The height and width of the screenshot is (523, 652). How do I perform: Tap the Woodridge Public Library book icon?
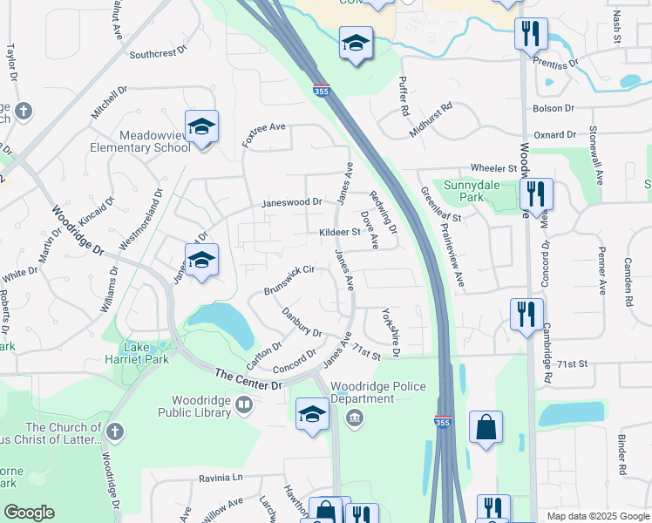245,404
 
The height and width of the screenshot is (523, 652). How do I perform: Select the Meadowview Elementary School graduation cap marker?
200,128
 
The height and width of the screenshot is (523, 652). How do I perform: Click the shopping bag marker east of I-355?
486,428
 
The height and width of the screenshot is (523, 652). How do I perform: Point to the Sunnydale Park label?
487,191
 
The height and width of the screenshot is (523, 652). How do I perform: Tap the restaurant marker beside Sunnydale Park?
536,193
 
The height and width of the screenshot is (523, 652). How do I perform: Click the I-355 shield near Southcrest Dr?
321,90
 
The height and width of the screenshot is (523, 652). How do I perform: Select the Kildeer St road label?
339,233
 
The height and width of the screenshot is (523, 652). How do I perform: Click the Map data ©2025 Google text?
597,516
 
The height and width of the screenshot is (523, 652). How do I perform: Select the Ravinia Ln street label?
220,478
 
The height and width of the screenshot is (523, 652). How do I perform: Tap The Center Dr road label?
249,380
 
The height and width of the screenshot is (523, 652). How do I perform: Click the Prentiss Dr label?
558,64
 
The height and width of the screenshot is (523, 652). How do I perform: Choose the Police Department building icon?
355,418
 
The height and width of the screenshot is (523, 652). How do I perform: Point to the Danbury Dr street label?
302,322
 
